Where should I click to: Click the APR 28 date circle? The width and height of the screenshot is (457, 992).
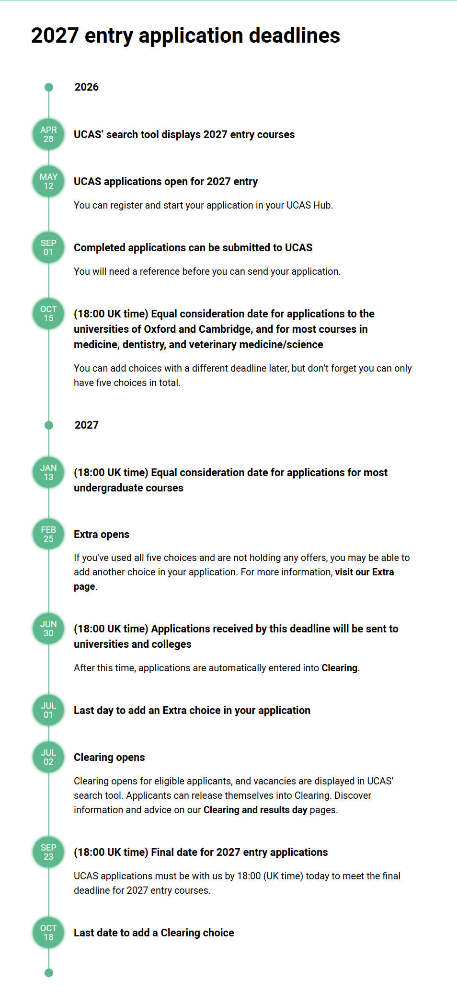[48, 134]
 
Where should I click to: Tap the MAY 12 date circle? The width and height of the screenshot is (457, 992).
[48, 181]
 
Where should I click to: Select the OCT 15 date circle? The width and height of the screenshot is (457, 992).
[48, 314]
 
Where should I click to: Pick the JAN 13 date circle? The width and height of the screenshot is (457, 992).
[48, 472]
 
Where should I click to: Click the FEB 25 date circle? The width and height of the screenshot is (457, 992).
[48, 534]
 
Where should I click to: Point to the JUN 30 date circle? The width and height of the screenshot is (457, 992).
[48, 629]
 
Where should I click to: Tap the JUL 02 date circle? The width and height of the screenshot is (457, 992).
[48, 757]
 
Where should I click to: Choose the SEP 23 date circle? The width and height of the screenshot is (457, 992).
[48, 852]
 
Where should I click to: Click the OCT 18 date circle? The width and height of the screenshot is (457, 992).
[48, 933]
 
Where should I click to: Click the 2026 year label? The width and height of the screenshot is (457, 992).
[86, 87]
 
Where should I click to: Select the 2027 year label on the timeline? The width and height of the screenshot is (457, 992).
[86, 425]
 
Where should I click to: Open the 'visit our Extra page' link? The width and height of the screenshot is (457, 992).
[364, 572]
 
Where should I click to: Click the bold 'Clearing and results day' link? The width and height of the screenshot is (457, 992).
[255, 810]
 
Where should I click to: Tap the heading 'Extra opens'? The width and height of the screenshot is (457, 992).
[102, 535]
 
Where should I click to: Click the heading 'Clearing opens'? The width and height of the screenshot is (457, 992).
[109, 758]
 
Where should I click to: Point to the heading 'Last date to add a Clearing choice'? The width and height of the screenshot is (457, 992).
[154, 933]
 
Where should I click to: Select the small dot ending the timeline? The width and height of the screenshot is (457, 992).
[48, 973]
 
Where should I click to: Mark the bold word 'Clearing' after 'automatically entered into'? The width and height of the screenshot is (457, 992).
[339, 668]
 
